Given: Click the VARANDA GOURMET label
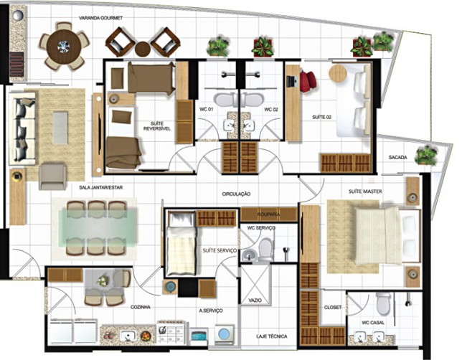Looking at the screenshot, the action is click(100, 18).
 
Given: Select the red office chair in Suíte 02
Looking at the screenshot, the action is click(308, 80).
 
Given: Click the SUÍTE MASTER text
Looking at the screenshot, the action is click(365, 191).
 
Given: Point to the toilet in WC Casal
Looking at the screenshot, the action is click(383, 303).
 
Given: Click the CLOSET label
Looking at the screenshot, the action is click(333, 307).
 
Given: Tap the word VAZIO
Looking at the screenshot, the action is click(255, 300).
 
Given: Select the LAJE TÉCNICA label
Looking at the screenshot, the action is click(272, 336).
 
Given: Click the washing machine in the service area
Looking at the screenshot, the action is click(225, 335).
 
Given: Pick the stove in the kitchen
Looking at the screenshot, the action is click(171, 332).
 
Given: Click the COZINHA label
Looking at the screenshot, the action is click(141, 307).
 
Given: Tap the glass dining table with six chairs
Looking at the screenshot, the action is click(98, 228).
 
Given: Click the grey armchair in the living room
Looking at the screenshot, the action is click(52, 176).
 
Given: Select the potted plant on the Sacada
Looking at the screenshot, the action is click(425, 155).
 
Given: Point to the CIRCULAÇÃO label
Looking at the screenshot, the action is click(236, 194).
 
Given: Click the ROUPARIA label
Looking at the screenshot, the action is click(268, 214).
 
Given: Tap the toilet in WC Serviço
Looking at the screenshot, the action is click(265, 250).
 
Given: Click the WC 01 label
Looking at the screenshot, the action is click(207, 109).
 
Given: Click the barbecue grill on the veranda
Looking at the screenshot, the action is click(17, 64).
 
